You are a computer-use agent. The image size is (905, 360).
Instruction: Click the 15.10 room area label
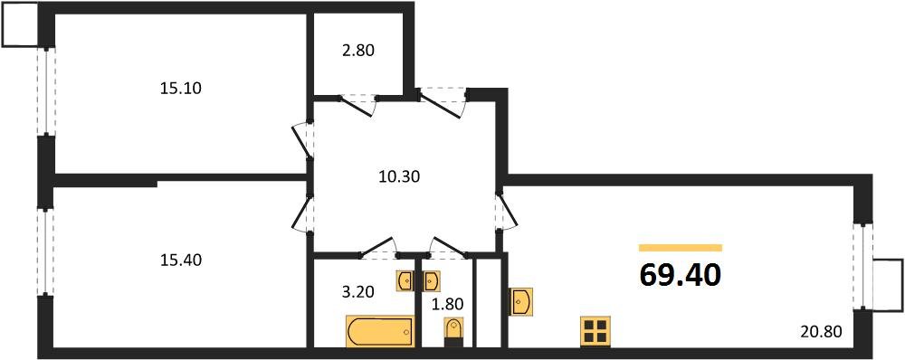[179, 89]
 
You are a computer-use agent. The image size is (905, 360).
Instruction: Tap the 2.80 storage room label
[357, 51]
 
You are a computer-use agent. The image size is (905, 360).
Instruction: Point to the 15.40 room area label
[179, 261]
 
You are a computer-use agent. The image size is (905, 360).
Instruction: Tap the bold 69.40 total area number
[680, 274]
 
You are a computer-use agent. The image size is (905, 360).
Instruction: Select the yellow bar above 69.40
[680, 248]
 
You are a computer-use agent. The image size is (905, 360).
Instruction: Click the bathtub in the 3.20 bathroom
[378, 330]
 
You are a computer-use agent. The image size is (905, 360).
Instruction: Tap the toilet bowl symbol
[452, 331]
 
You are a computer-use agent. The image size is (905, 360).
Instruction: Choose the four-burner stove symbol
[595, 331]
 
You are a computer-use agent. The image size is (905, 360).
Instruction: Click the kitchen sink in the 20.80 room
[521, 301]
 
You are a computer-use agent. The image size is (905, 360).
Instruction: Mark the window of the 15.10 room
[43, 90]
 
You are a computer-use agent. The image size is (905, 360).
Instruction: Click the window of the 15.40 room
[43, 252]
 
